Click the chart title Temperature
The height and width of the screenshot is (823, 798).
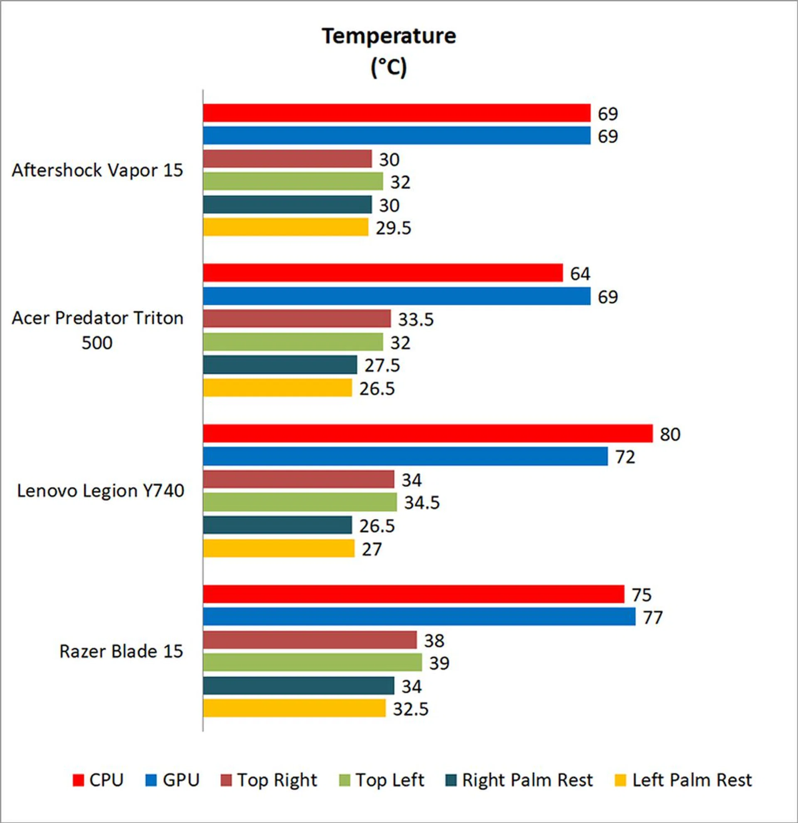point(389,36)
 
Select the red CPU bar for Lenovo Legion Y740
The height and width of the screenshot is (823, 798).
point(427,434)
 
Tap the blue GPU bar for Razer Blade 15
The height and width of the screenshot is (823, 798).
point(419,616)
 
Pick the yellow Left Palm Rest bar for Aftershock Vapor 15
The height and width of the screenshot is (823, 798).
point(286,227)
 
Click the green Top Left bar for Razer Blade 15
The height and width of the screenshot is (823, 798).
point(312,662)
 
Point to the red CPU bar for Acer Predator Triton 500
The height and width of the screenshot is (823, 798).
point(382,273)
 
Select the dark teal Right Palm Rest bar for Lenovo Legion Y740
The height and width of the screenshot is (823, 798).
point(277,525)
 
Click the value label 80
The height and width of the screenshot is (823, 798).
point(670,434)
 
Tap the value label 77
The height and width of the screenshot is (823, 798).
point(653,617)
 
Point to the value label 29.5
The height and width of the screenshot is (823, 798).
point(393,228)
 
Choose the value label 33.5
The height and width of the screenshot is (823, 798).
point(415,320)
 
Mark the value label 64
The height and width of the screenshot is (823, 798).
point(580,274)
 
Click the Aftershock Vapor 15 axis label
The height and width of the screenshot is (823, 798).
point(98,170)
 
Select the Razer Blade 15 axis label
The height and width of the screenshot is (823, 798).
point(121,651)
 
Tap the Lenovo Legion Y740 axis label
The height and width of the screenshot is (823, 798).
point(101,490)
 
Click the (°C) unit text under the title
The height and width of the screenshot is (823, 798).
point(389,67)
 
